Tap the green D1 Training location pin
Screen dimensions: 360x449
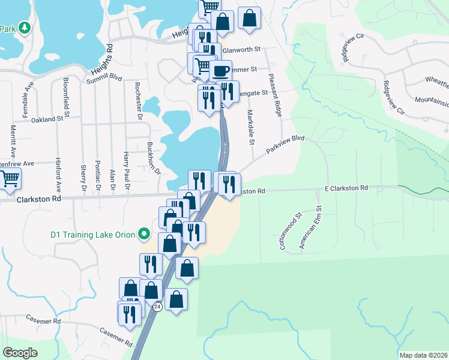pyautogui.click(x=144, y=233)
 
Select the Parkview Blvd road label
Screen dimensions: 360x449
pyautogui.click(x=286, y=146)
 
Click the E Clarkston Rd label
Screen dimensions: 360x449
pyautogui.click(x=346, y=188)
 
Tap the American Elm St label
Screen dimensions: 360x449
pyautogui.click(x=311, y=227)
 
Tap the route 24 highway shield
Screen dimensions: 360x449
pyautogui.click(x=157, y=307)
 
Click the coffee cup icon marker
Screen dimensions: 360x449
pyautogui.click(x=220, y=70)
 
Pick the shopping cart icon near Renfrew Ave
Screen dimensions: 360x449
pyautogui.click(x=9, y=178)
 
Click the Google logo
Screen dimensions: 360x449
pyautogui.click(x=20, y=353)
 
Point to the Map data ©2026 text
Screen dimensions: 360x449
pyautogui.click(x=423, y=355)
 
